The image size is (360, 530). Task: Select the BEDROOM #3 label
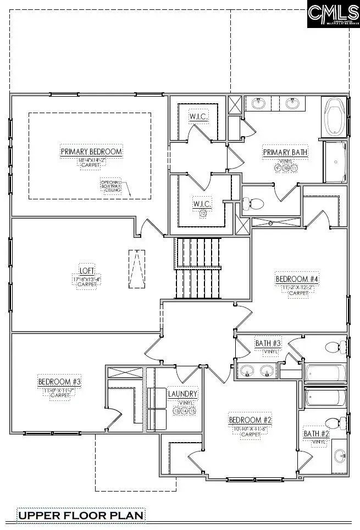(59, 382)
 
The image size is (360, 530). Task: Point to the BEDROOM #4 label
(297, 279)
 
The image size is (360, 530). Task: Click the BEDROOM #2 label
(251, 420)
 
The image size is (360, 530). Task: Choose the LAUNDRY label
(182, 394)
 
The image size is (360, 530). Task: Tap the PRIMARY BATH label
(285, 152)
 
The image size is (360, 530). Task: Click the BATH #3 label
(268, 343)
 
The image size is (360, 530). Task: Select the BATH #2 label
(316, 434)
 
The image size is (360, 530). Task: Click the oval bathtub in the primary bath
(334, 117)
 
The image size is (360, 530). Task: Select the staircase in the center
(198, 268)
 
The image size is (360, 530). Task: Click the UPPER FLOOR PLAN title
(81, 515)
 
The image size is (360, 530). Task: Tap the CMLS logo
(333, 14)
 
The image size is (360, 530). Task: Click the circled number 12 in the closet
(203, 214)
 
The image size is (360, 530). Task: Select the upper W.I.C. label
(197, 116)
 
